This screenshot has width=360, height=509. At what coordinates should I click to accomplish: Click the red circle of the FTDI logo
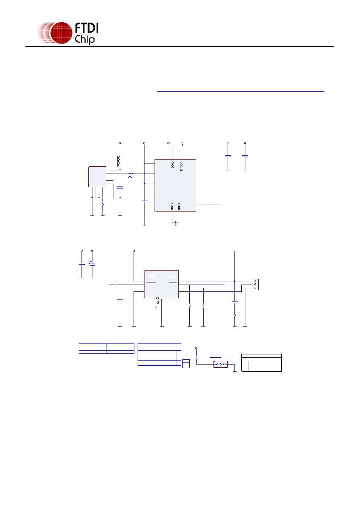point(61,33)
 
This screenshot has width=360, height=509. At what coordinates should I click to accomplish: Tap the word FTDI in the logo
point(86,28)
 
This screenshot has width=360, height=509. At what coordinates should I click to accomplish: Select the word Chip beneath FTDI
point(84,40)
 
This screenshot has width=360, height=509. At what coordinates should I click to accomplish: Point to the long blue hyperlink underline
point(240,91)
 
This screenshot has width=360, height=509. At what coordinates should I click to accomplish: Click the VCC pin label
point(172,165)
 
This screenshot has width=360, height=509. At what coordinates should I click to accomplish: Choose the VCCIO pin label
point(181,166)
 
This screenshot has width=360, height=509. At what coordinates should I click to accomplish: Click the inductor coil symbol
point(119,161)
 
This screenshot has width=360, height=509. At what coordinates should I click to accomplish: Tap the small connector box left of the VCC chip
point(97,177)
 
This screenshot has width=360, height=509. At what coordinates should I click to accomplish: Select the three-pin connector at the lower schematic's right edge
point(255,285)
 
